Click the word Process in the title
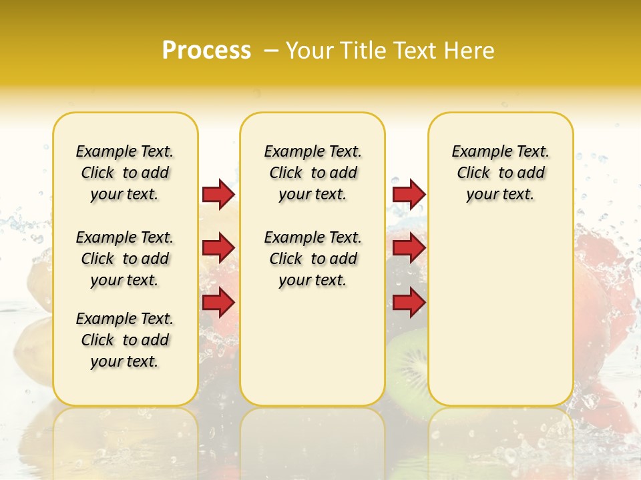206,51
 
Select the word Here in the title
470,51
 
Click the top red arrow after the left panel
218,194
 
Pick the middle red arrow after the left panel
218,248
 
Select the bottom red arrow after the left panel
218,303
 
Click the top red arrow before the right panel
409,194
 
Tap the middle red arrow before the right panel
409,248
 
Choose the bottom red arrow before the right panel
409,303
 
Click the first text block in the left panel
125,173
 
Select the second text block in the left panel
125,259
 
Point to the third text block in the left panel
125,340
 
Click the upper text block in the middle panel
313,173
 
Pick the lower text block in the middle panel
313,259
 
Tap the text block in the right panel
501,173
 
